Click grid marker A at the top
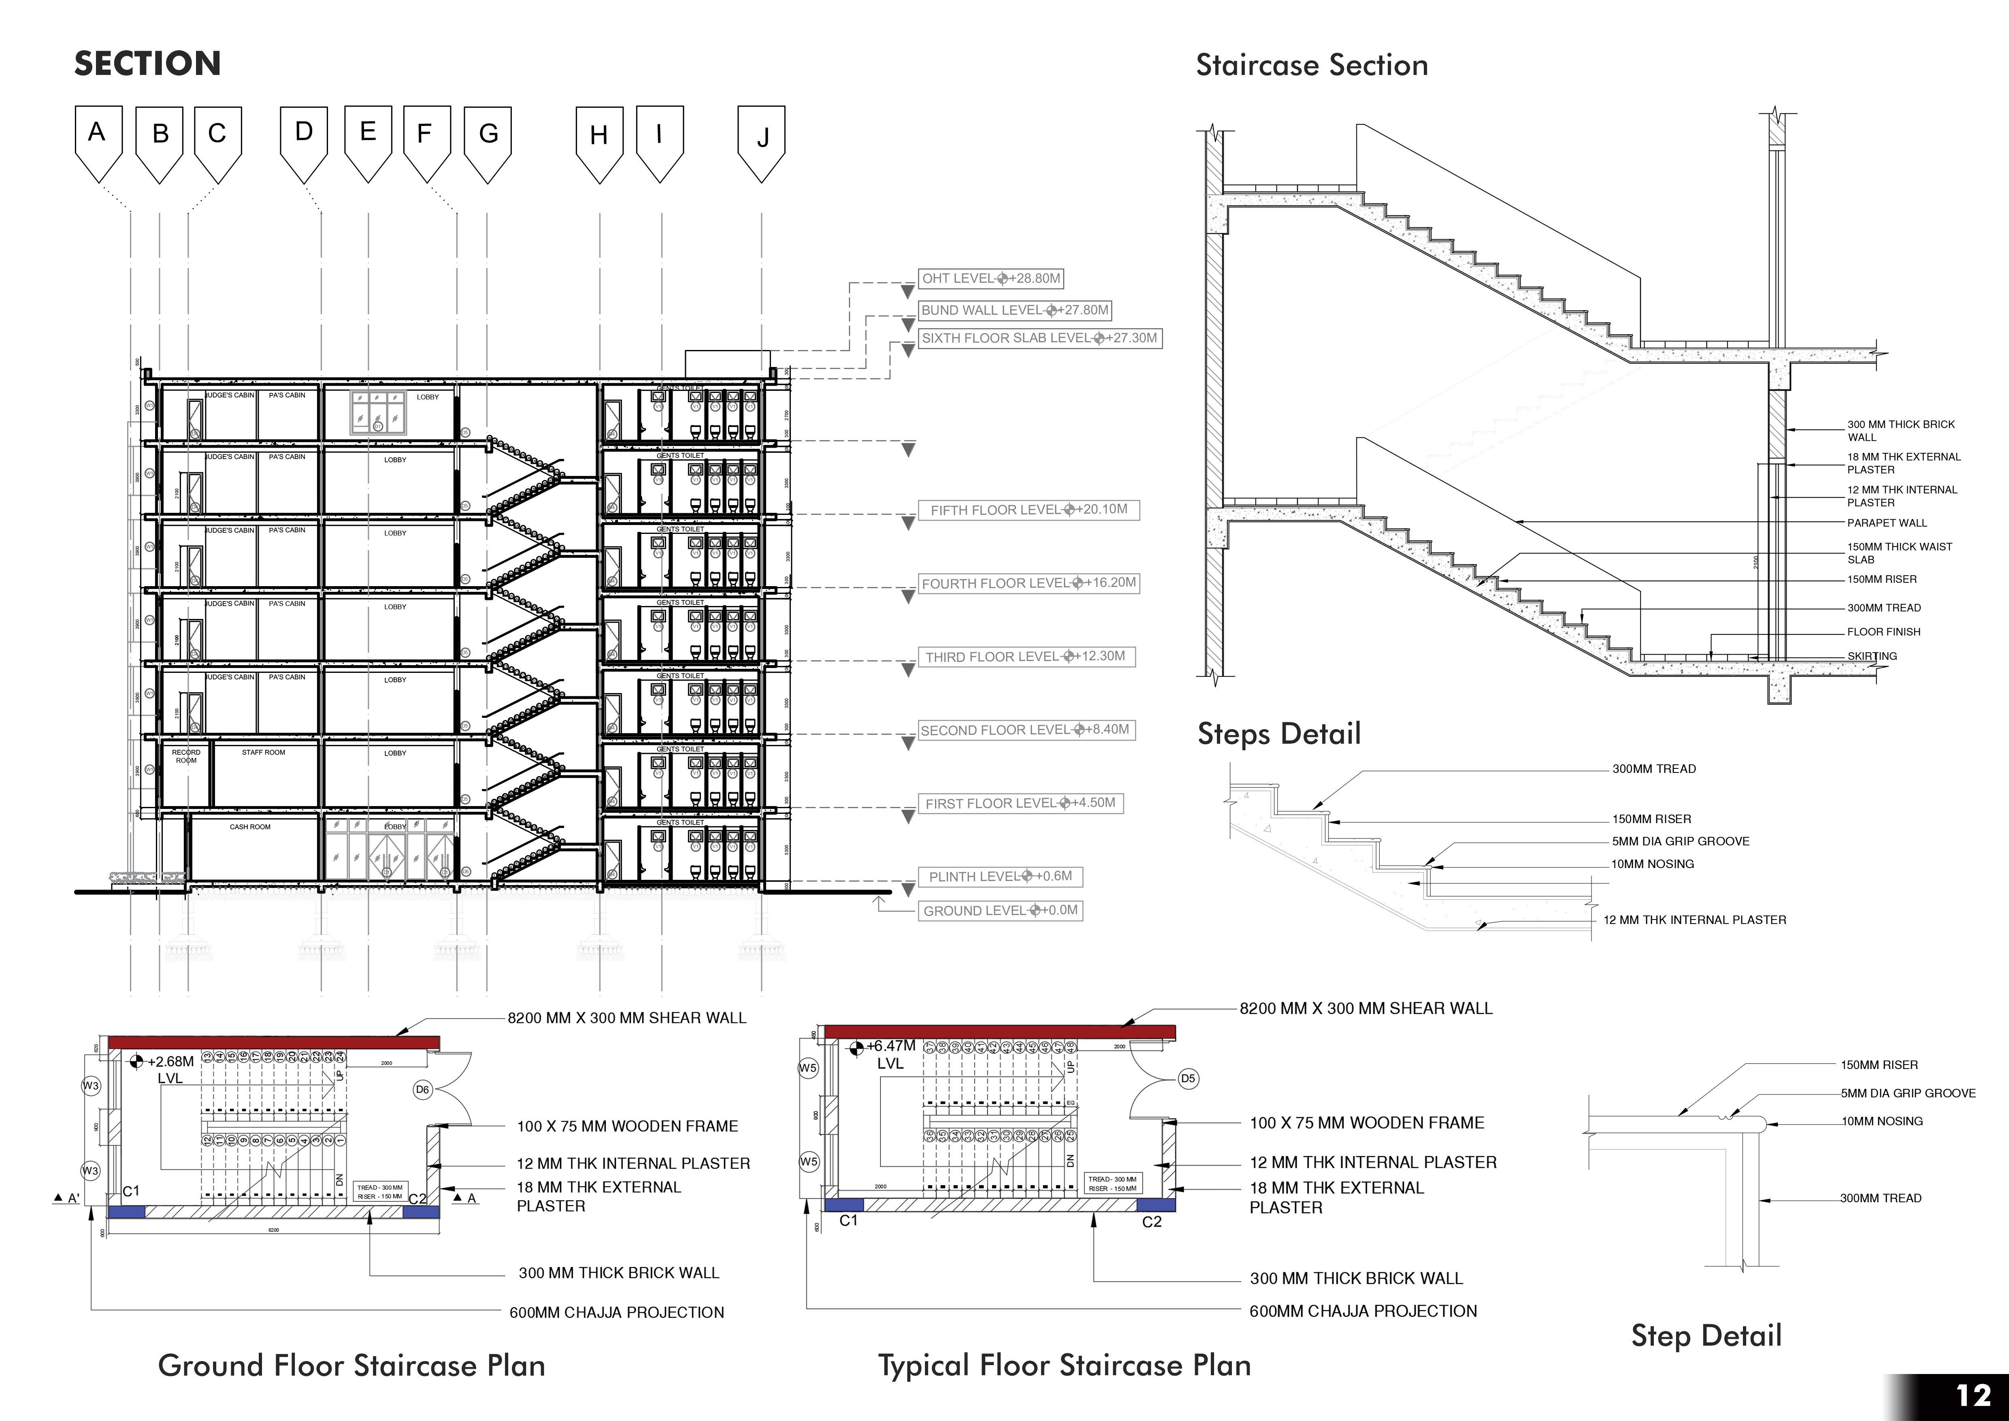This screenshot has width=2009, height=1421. [97, 136]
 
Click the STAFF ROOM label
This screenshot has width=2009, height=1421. [263, 753]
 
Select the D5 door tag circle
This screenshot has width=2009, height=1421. [1187, 1079]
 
